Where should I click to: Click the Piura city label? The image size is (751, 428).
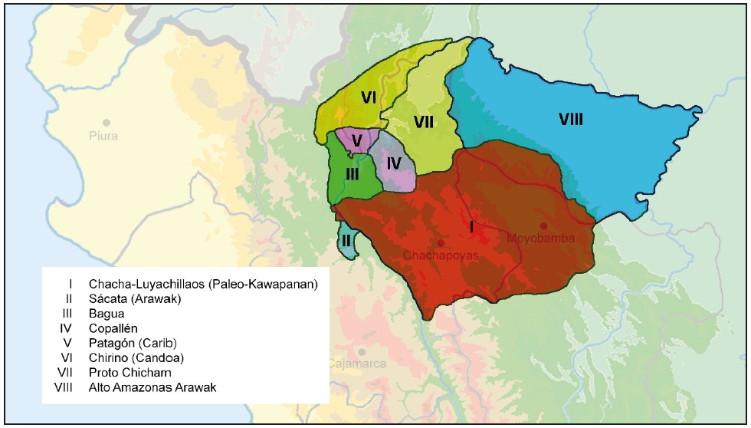[107, 136]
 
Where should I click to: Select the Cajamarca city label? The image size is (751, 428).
[357, 364]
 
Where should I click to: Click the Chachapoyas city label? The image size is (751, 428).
[441, 255]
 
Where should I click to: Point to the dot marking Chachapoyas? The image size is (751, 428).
[441, 242]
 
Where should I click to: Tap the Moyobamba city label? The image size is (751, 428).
[541, 239]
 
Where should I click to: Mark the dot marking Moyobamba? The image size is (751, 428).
[543, 226]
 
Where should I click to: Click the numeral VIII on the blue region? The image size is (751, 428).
[571, 119]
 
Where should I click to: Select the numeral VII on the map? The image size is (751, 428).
[424, 121]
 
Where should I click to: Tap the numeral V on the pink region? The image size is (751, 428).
[356, 140]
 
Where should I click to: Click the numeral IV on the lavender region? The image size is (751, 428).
[394, 163]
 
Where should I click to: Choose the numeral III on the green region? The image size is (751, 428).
[352, 174]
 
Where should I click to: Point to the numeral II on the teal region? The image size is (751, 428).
[346, 240]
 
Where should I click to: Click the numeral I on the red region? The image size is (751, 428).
[472, 226]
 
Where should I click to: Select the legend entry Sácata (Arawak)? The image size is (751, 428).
[134, 299]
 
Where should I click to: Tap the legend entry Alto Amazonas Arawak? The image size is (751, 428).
[152, 387]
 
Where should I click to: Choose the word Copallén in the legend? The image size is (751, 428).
[113, 328]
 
